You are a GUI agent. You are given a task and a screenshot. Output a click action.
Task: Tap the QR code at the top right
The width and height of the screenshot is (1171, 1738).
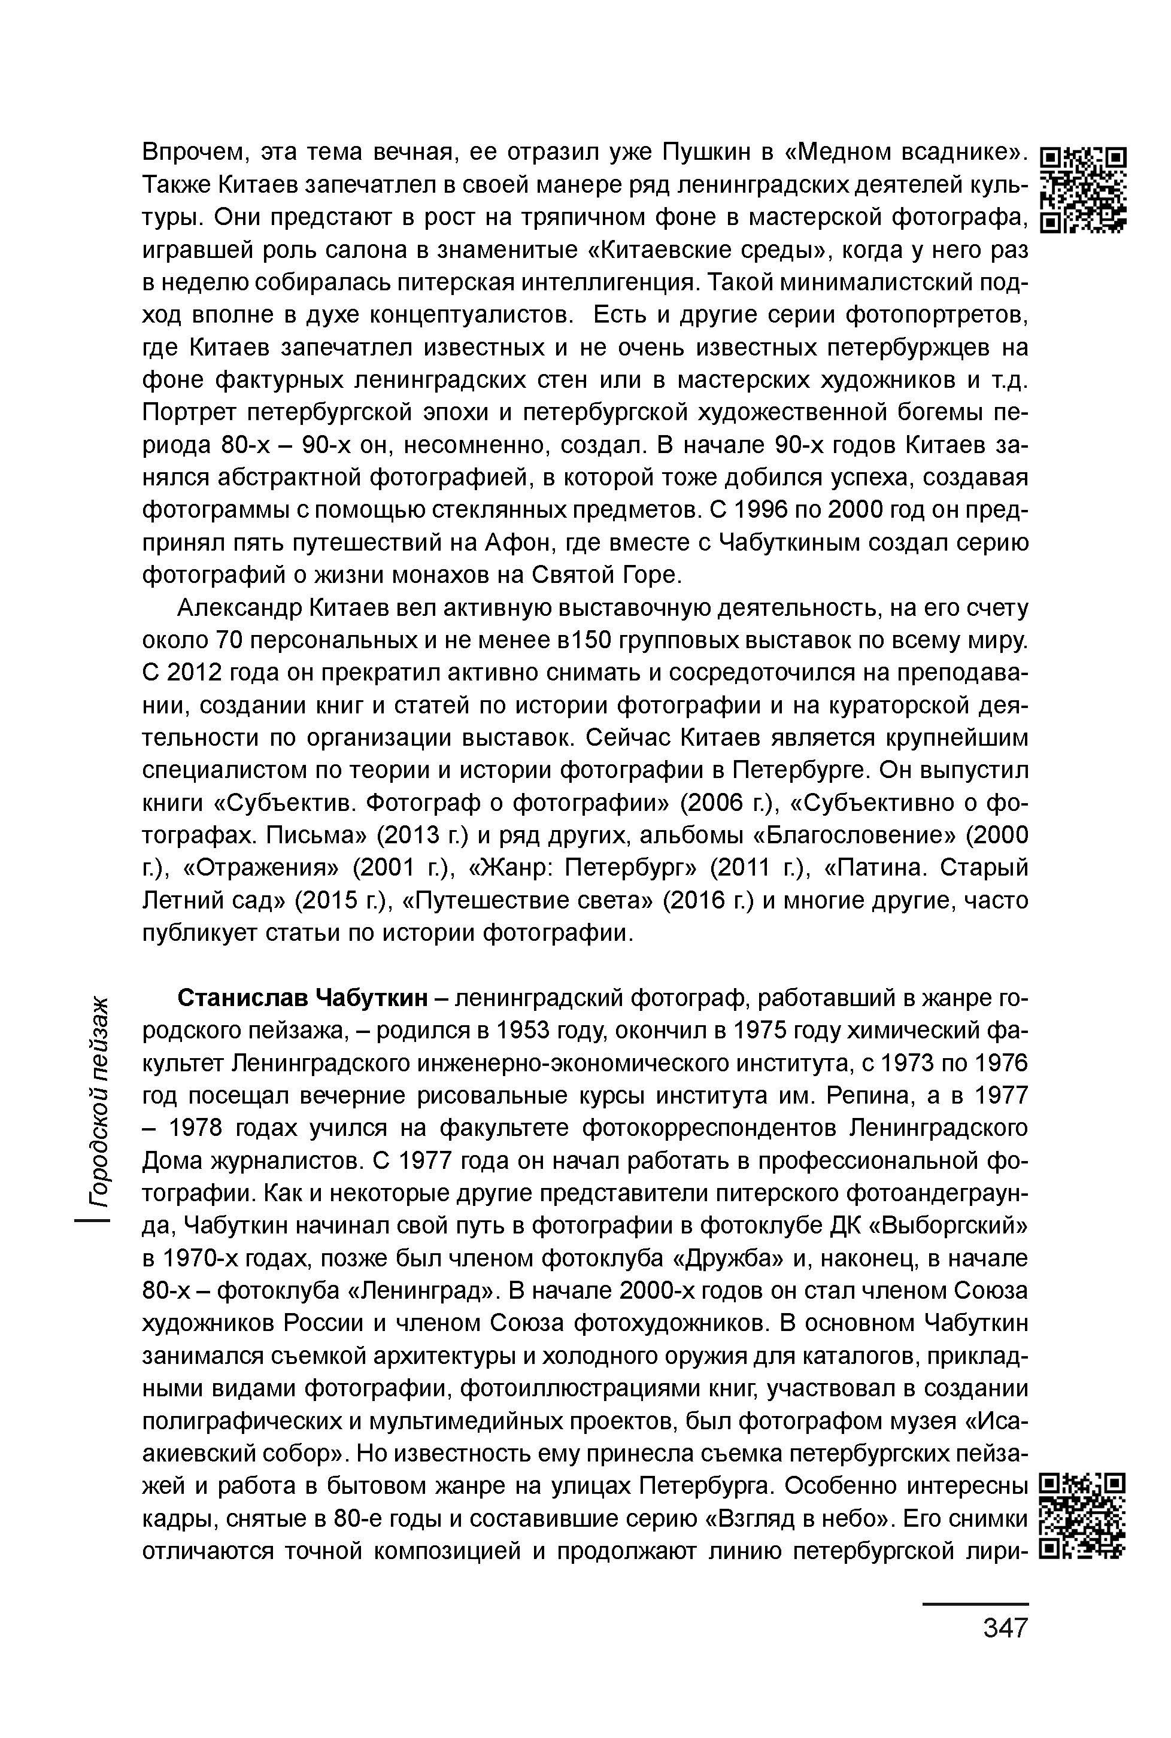[1083, 191]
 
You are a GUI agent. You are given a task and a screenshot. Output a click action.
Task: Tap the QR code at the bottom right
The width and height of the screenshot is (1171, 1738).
[1083, 1517]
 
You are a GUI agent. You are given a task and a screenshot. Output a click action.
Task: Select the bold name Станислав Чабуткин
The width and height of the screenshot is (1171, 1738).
[302, 998]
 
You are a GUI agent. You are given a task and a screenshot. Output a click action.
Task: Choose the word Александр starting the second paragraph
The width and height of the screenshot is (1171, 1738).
[239, 609]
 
